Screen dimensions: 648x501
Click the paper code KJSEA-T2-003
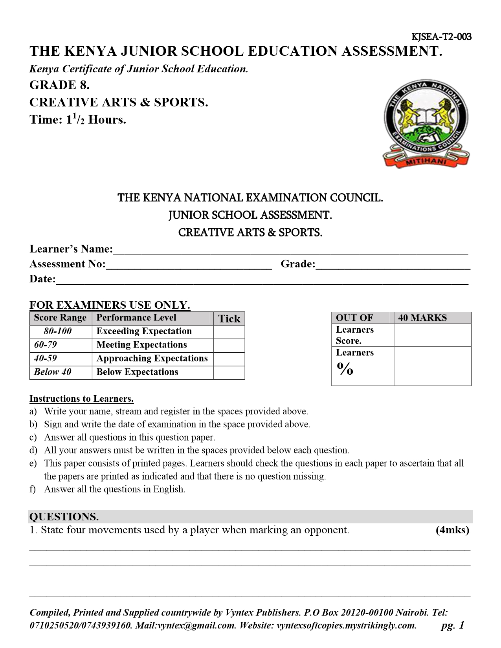441,37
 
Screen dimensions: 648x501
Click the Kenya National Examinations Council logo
426,125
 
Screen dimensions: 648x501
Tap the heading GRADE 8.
60,85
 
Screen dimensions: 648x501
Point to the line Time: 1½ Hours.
78,119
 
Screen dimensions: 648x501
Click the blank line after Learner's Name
290,250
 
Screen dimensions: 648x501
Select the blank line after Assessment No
189,265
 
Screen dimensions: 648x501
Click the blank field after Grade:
393,265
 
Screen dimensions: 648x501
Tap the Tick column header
229,319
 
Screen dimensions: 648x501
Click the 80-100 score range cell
58,331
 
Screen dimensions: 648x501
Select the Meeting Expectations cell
141,345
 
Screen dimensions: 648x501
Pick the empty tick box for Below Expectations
229,372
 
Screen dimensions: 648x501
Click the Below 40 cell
53,372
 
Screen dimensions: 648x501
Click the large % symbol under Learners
345,369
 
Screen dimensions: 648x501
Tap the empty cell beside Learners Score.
432,335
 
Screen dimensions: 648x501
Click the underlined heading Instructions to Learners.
82,399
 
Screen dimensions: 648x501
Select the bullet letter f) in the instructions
33,489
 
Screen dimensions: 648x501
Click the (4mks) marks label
452,530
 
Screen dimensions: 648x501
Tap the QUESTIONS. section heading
64,516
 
